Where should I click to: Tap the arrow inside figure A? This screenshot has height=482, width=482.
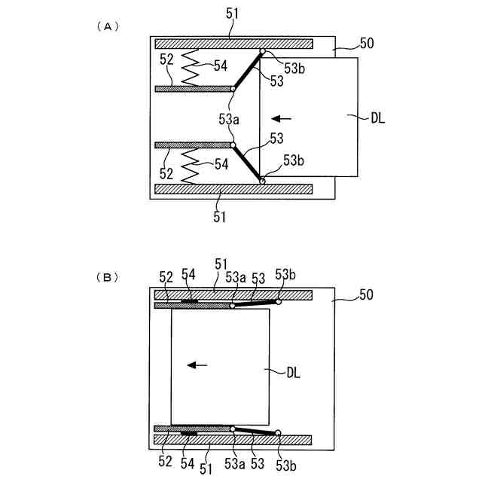(282, 117)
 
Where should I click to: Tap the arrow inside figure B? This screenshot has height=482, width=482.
(197, 365)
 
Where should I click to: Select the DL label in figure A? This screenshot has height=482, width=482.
(377, 117)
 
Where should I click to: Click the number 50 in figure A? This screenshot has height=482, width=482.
(367, 44)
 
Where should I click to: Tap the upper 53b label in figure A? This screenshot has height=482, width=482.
(294, 66)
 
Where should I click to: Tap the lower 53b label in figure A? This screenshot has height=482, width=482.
(294, 160)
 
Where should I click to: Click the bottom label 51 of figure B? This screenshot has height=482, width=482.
(206, 469)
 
